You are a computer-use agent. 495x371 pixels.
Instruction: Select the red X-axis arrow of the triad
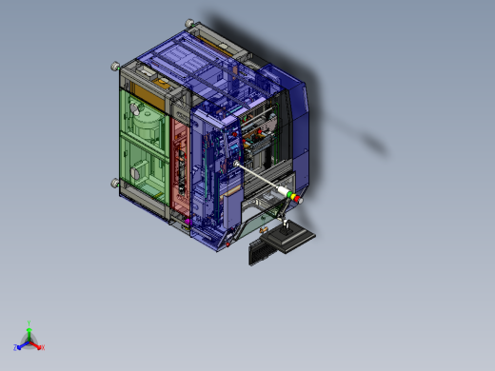pyautogui.click(x=38, y=345)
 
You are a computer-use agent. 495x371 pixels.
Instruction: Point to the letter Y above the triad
pyautogui.click(x=30, y=322)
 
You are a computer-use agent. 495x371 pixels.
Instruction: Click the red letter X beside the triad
pyautogui.click(x=43, y=348)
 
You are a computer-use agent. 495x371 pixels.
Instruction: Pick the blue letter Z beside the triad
pyautogui.click(x=16, y=348)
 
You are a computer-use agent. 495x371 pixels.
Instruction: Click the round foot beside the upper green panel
pyautogui.click(x=115, y=66)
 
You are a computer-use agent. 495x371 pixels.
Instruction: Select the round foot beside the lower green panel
pyautogui.click(x=115, y=183)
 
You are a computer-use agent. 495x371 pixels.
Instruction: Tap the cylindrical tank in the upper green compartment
pyautogui.click(x=147, y=119)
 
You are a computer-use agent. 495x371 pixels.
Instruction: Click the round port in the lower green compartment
pyautogui.click(x=139, y=175)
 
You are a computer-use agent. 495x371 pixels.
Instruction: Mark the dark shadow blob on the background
pyautogui.click(x=371, y=143)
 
